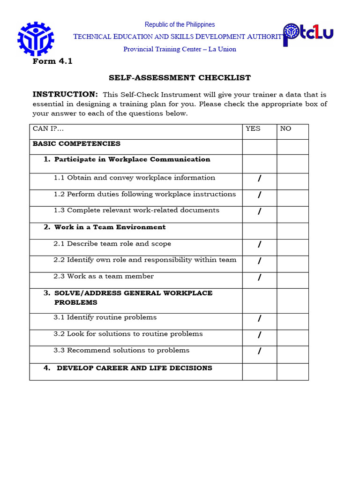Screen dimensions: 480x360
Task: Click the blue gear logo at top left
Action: [36, 39]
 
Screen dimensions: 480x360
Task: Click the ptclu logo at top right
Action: [308, 34]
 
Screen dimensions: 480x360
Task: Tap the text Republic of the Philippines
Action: [180, 24]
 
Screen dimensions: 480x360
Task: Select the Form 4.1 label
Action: [52, 61]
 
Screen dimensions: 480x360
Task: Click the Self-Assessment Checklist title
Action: [180, 78]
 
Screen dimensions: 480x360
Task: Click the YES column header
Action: [253, 128]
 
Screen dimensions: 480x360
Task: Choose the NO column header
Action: [285, 128]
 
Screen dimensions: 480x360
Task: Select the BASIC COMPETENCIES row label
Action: [76, 144]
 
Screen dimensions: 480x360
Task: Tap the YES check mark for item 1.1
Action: [259, 179]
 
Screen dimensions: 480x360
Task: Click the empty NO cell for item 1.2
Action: [292, 198]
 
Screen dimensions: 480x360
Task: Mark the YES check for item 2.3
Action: [259, 278]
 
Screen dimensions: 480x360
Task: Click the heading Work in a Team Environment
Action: [110, 227]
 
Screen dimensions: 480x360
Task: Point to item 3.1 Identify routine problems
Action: [105, 317]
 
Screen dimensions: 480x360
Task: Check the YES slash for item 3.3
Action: [259, 352]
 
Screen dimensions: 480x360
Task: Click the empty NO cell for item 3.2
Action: [292, 337]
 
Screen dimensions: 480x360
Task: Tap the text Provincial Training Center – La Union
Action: [180, 49]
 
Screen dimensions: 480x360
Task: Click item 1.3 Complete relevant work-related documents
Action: [136, 210]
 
